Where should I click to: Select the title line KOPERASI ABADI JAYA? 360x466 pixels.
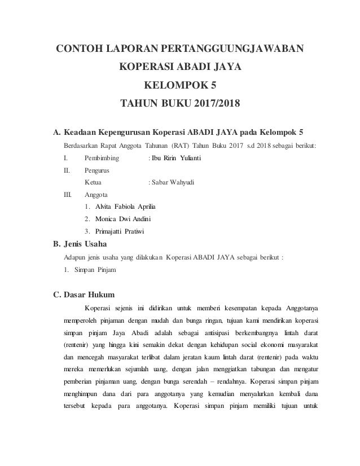pos(179,68)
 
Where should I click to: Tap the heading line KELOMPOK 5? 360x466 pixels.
pos(179,86)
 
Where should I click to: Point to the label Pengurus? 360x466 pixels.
pos(96,169)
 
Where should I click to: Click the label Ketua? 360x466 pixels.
pos(93,182)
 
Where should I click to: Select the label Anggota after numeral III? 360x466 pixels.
pos(96,194)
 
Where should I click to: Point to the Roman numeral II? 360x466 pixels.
pos(67,169)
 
